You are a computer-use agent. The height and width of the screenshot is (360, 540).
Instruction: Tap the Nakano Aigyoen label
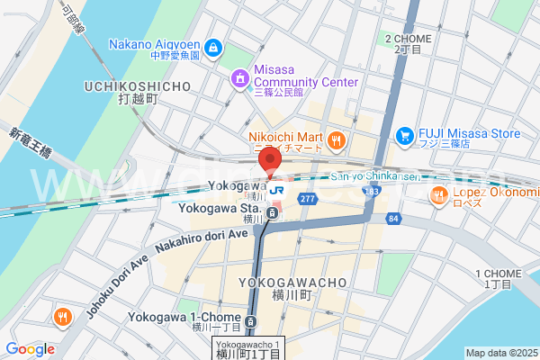[x=156, y=44]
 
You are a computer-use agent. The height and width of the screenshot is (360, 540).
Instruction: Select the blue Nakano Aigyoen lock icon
[x=212, y=46]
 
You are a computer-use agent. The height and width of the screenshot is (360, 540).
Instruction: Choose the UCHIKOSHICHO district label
[x=138, y=86]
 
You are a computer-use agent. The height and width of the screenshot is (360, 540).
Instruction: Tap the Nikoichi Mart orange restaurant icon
[x=336, y=139]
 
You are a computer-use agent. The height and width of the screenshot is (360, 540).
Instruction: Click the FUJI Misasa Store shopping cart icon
[x=405, y=136]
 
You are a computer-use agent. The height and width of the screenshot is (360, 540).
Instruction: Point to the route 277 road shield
[x=310, y=198]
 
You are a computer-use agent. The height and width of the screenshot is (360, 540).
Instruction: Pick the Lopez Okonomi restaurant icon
[x=439, y=194]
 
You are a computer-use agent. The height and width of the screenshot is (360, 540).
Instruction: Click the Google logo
[x=31, y=349]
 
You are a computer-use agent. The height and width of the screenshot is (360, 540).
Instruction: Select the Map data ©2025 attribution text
[x=499, y=352]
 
